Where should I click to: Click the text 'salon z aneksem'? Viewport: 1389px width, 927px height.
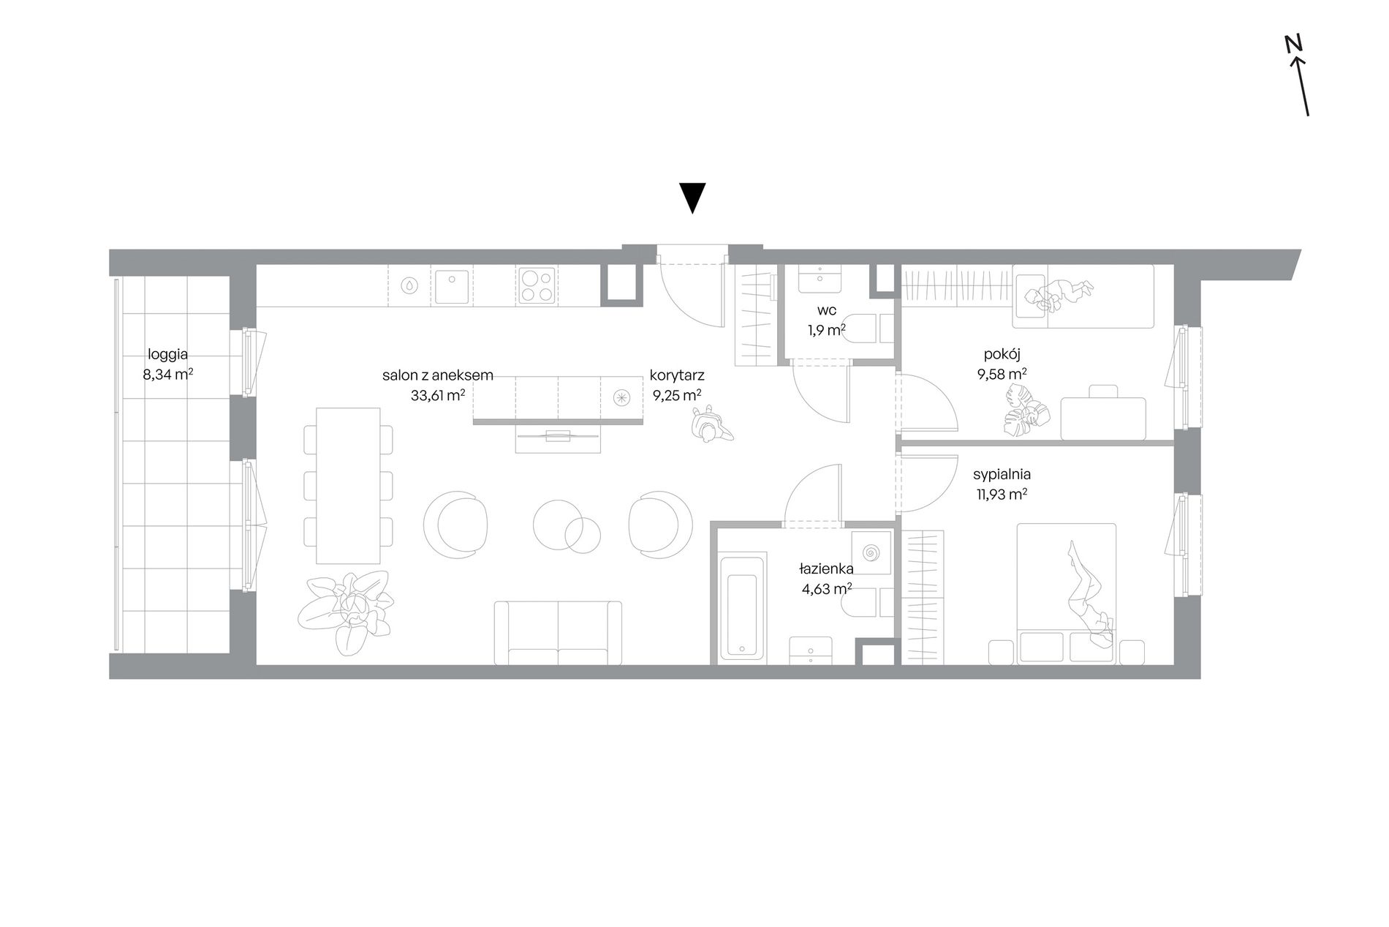[x=438, y=375]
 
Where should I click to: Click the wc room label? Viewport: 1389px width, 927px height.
[x=827, y=310]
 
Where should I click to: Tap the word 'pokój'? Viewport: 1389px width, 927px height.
[x=1002, y=354]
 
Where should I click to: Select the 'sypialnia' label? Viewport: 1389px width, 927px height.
[x=1002, y=474]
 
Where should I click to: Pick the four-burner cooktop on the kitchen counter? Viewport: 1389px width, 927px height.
[x=537, y=285]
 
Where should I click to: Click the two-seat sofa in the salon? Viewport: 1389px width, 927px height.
[x=558, y=633]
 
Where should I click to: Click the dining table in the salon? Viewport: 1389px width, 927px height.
[x=348, y=485]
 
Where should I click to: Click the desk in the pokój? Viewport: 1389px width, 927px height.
[x=1102, y=418]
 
